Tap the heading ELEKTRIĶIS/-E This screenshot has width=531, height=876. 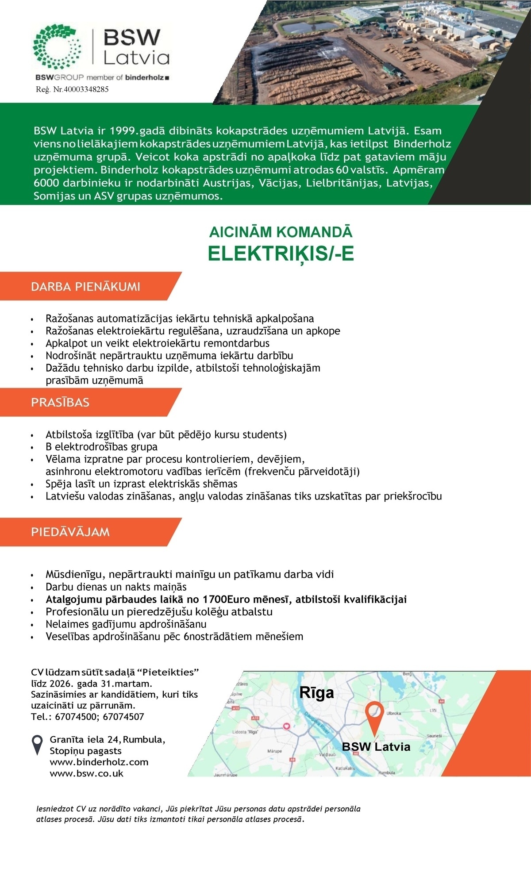click(281, 254)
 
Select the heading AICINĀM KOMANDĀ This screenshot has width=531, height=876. click(281, 232)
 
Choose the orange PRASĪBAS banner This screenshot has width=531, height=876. click(60, 403)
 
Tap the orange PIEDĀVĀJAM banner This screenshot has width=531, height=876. click(70, 532)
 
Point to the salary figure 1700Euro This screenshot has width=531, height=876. click(225, 599)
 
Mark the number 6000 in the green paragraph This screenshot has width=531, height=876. click(47, 183)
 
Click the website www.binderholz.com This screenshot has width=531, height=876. click(99, 762)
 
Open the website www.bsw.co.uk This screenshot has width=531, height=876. click(87, 773)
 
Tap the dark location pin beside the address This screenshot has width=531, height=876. click(38, 744)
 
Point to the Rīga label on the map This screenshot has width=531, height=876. click(317, 692)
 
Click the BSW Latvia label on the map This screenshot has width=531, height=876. click(376, 747)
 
